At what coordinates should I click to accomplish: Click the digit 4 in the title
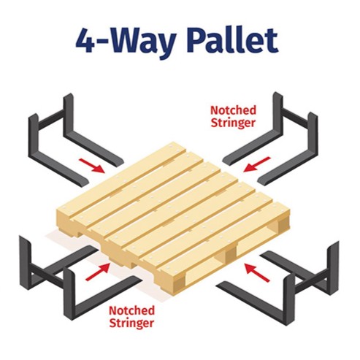point(85,40)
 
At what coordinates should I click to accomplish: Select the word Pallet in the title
point(232,40)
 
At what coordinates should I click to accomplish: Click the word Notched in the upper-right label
point(233,110)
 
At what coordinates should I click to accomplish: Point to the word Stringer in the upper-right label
point(233,123)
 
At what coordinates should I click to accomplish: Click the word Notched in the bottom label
point(131,310)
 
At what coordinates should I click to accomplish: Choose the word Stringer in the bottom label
point(131,323)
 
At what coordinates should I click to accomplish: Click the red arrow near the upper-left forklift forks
point(92,166)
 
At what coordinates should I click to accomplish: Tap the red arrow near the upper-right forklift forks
point(257,164)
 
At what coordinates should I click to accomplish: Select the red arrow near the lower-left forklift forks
point(97,272)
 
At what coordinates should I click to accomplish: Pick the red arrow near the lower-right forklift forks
point(257,272)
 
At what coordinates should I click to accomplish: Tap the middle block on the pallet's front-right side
point(231,255)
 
